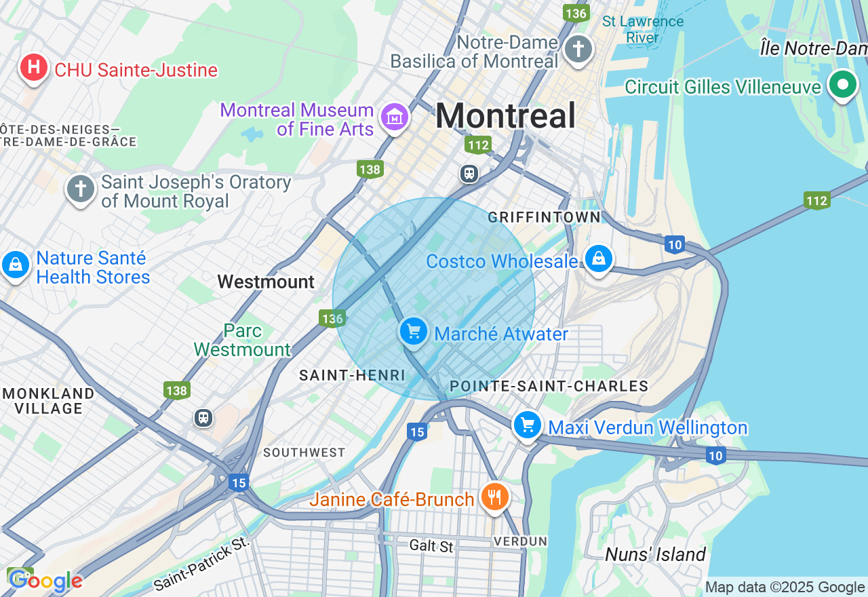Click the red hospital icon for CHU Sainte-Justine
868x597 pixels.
33,68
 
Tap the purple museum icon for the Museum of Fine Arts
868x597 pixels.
394,117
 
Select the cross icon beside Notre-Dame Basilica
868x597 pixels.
578,49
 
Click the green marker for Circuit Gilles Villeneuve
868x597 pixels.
843,85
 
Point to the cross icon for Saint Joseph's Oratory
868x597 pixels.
81,189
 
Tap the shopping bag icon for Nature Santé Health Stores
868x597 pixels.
15,265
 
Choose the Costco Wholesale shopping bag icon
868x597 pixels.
599,258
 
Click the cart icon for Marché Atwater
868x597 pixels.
413,332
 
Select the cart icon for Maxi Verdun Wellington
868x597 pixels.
527,425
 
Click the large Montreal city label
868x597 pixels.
505,115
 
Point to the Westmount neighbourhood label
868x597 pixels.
266,282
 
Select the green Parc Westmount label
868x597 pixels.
242,341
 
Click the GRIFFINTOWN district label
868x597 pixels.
544,217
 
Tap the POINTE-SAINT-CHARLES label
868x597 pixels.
549,386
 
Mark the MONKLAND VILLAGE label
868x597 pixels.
49,401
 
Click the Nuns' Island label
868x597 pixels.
655,554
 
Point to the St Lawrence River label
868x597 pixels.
642,29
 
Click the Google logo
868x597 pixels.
45,581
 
